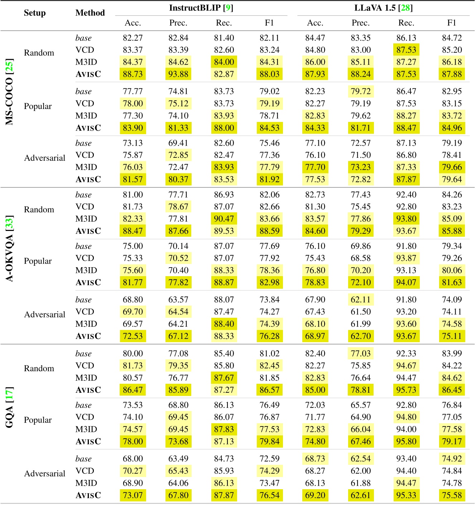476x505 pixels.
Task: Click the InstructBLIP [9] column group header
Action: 201,8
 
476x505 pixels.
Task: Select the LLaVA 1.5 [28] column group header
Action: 383,8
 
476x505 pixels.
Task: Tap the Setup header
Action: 35,13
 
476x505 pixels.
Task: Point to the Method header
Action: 90,13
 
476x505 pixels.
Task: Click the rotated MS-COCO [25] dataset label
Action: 10,92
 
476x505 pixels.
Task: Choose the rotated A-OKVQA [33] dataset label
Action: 10,249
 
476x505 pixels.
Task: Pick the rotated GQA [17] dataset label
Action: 10,407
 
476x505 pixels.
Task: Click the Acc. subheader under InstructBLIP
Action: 133,23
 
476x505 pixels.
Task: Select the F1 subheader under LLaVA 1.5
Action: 452,23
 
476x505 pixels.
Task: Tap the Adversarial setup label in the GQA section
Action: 44,473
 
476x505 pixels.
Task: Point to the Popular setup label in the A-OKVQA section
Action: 38,261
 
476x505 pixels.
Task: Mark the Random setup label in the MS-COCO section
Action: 39,53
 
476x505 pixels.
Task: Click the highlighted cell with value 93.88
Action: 178,74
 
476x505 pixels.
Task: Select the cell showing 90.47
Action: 224,219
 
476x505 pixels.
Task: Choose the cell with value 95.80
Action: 406,442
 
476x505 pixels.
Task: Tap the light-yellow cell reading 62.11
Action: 361,299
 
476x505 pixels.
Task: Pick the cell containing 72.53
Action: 133,336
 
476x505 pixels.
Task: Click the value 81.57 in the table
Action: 133,179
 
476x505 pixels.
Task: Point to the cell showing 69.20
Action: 315,495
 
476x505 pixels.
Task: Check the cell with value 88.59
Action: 269,231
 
